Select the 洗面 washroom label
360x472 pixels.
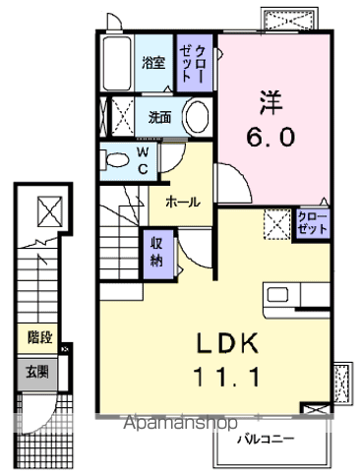pyautogui.click(x=159, y=117)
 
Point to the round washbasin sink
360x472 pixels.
pyautogui.click(x=195, y=117)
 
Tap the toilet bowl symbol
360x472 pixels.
pyautogui.click(x=116, y=158)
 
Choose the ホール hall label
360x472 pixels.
pyautogui.click(x=183, y=202)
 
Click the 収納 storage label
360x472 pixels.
pyautogui.click(x=157, y=253)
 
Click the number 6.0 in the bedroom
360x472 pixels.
pyautogui.click(x=272, y=138)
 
